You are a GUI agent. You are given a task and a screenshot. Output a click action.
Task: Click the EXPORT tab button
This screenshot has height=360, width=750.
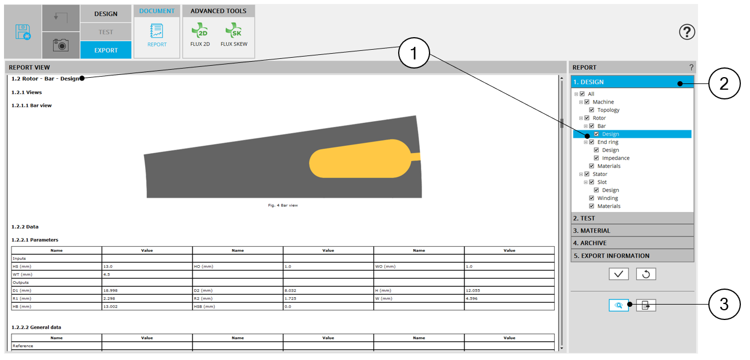106,50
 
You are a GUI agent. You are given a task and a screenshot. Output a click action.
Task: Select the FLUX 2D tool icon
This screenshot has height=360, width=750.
200,31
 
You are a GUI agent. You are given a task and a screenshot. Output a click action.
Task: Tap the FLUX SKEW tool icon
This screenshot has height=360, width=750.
234,31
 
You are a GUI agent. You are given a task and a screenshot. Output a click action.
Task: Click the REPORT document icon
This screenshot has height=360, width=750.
157,31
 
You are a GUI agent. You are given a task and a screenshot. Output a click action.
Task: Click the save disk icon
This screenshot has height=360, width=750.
23,32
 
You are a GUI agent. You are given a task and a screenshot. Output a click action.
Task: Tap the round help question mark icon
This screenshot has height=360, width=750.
687,32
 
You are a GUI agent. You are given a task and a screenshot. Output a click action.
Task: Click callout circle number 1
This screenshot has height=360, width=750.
414,53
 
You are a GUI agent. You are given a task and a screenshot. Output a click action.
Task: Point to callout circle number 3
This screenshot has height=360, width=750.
724,305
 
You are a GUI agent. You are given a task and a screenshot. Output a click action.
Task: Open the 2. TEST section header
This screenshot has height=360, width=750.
632,218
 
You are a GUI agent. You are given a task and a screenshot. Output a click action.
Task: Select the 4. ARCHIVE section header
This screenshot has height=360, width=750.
632,243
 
